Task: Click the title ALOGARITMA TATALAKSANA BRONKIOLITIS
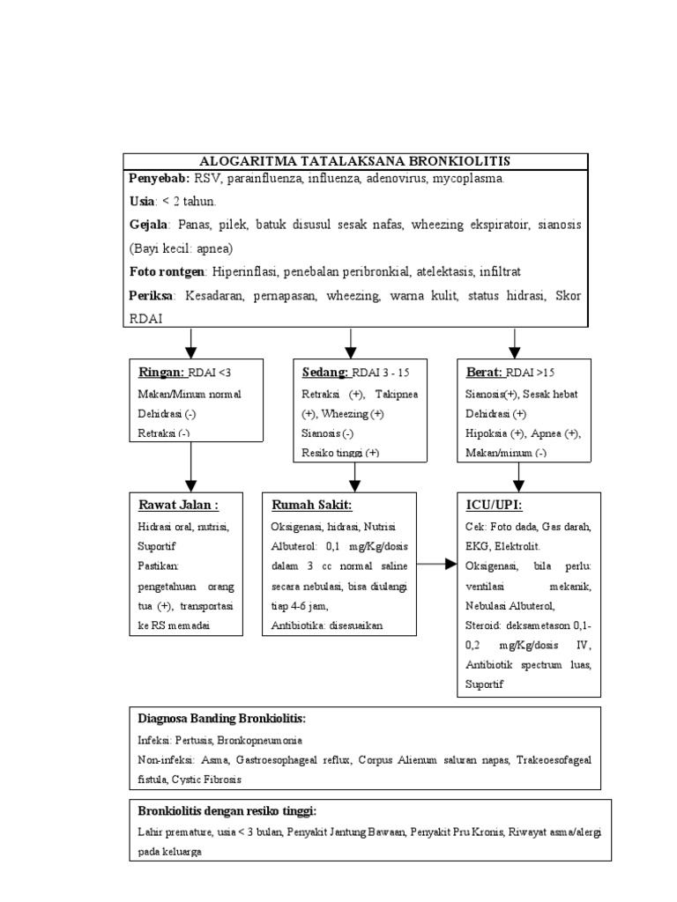[x=355, y=160]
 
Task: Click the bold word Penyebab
[x=157, y=179]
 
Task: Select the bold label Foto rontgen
[x=167, y=271]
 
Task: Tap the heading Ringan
[x=161, y=372]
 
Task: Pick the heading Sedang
[x=324, y=372]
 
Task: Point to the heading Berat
[x=484, y=372]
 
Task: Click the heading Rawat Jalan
[x=178, y=505]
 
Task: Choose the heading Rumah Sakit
[x=311, y=505]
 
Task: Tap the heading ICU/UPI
[x=494, y=505]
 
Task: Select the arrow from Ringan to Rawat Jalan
[x=191, y=466]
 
